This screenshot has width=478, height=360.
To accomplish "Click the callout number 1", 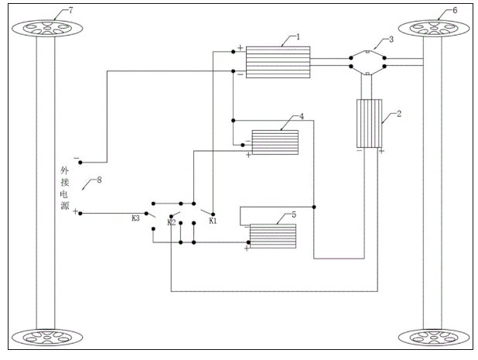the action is point(298,37).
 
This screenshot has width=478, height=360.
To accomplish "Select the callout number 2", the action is point(399,114).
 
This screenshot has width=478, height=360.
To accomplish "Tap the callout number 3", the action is point(391,39).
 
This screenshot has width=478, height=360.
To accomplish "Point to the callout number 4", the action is point(302,117).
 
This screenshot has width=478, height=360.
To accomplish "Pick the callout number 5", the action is point(294,214).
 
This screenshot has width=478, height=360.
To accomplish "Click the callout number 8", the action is point(99,180).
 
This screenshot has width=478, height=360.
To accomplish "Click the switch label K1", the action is point(213,221).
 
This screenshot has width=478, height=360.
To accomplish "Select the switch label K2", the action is point(172,222).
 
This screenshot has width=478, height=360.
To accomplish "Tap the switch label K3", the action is point(135,218).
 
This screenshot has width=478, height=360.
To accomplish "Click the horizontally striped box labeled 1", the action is point(278,62).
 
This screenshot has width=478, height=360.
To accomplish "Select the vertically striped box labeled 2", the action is point(369,124).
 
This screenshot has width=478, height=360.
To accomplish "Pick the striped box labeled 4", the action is point(275,142).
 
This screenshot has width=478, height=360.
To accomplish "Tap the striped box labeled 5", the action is point(273,236).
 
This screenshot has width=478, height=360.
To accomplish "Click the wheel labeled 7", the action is point(47,29).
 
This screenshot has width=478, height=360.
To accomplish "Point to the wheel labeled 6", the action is point(434,29).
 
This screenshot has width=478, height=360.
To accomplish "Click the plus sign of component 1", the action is point(241,47).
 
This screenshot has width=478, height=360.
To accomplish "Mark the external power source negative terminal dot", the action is point(80,163).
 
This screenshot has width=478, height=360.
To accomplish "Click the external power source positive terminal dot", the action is point(80,214).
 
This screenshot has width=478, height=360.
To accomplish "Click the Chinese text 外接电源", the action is point(65,188).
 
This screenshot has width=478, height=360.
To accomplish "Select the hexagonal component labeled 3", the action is point(367,62).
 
